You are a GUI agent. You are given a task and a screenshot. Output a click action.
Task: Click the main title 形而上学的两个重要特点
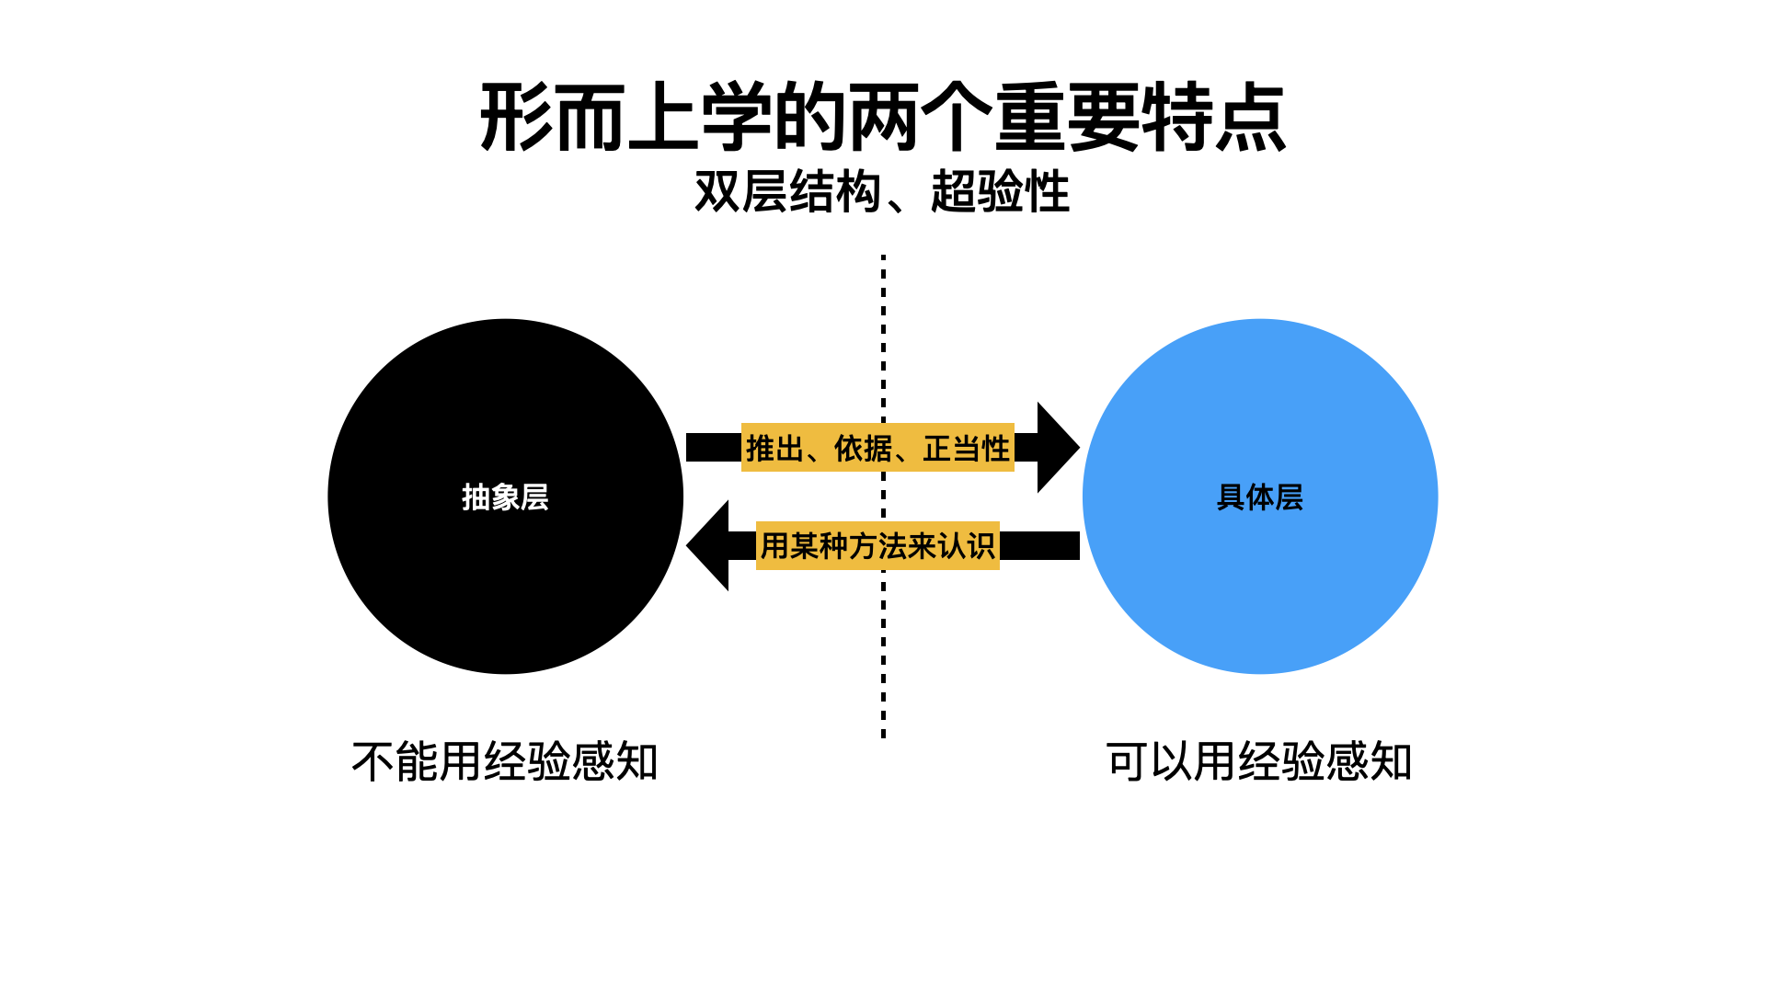click(x=883, y=118)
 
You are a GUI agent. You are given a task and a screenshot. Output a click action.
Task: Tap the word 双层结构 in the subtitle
click(x=787, y=192)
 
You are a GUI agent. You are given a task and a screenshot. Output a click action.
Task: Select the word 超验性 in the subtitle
click(x=1000, y=192)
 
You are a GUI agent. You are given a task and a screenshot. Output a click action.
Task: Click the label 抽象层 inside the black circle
click(x=505, y=497)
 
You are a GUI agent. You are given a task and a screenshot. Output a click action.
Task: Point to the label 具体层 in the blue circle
click(x=1259, y=497)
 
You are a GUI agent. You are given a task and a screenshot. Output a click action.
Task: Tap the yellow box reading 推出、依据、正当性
click(x=877, y=448)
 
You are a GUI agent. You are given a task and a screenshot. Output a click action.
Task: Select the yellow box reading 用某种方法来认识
click(x=877, y=546)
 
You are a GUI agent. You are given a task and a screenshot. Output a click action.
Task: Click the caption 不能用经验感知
click(x=505, y=762)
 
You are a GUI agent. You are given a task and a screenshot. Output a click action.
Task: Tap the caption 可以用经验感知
click(x=1259, y=762)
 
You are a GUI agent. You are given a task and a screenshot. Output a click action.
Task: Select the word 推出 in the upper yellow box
click(x=774, y=449)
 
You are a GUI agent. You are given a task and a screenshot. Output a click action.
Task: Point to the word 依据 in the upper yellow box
click(x=863, y=449)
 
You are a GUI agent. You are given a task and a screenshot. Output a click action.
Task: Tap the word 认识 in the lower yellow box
click(x=966, y=546)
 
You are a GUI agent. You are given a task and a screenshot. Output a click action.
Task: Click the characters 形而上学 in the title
click(x=625, y=118)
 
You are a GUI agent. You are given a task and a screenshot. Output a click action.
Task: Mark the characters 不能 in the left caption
click(x=396, y=762)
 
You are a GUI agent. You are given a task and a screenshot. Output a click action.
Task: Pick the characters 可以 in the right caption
click(x=1150, y=762)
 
